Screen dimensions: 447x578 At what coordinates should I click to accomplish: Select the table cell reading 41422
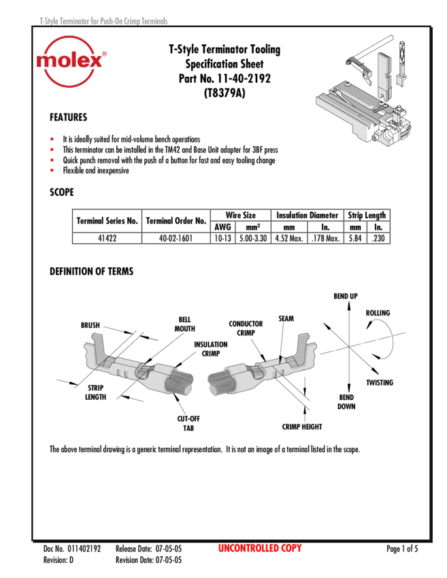click(107, 238)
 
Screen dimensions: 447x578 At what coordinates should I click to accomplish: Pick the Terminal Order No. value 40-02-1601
click(176, 238)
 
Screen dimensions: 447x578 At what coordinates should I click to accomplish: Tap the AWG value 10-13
click(222, 238)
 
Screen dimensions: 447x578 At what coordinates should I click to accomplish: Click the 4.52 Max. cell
click(289, 238)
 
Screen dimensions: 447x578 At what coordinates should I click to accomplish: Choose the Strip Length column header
click(367, 216)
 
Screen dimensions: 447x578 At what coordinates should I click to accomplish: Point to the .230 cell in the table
click(378, 238)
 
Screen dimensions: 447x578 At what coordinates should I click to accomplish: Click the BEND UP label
click(346, 296)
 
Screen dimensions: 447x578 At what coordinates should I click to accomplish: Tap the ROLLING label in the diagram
click(378, 313)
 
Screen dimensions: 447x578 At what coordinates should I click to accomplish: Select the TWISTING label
click(380, 383)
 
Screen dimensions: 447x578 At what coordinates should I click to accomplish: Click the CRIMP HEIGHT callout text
click(302, 426)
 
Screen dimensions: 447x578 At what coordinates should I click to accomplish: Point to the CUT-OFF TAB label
click(188, 423)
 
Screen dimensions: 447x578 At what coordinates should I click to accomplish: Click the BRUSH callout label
click(90, 325)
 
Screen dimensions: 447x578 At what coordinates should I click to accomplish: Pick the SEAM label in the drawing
click(286, 318)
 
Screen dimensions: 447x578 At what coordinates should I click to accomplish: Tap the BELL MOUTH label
click(185, 324)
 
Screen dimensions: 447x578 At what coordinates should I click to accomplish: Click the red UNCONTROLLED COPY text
click(260, 548)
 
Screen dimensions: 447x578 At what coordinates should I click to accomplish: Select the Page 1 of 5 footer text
click(402, 549)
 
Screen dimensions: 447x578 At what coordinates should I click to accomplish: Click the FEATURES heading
click(69, 117)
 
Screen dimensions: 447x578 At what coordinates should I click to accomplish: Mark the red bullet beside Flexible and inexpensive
click(52, 170)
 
